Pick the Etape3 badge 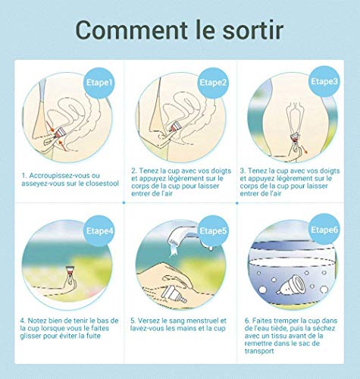click(x=324, y=80)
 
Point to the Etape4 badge click(x=99, y=230)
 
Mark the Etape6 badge click(x=325, y=230)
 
